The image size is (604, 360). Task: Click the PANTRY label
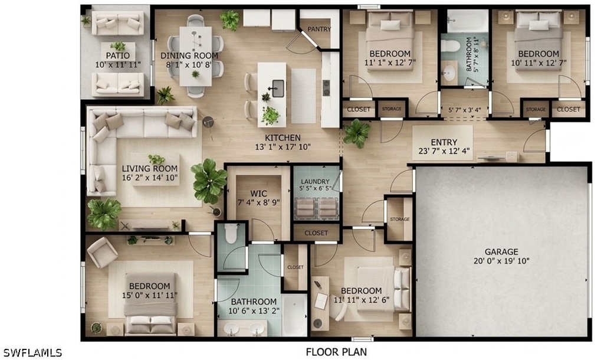(319, 29)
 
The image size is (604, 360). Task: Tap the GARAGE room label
(501, 251)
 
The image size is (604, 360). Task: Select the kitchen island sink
(278, 89)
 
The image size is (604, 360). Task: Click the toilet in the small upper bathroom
(451, 46)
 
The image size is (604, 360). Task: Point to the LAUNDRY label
(315, 182)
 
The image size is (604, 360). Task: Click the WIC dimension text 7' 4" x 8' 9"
(258, 202)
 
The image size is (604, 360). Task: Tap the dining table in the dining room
(196, 56)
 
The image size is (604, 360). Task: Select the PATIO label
(118, 55)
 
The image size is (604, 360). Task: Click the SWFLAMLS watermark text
(32, 352)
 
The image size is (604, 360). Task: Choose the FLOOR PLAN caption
(336, 352)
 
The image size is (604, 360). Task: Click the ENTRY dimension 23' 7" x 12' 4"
(444, 152)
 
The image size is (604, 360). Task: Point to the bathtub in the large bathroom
(295, 315)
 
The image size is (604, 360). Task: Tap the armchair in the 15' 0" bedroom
(102, 253)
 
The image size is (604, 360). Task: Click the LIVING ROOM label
(149, 168)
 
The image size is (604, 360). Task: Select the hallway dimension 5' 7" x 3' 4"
(465, 110)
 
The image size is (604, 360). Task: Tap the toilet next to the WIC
(231, 234)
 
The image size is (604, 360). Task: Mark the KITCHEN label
(283, 138)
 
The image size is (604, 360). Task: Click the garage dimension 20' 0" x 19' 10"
(501, 261)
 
